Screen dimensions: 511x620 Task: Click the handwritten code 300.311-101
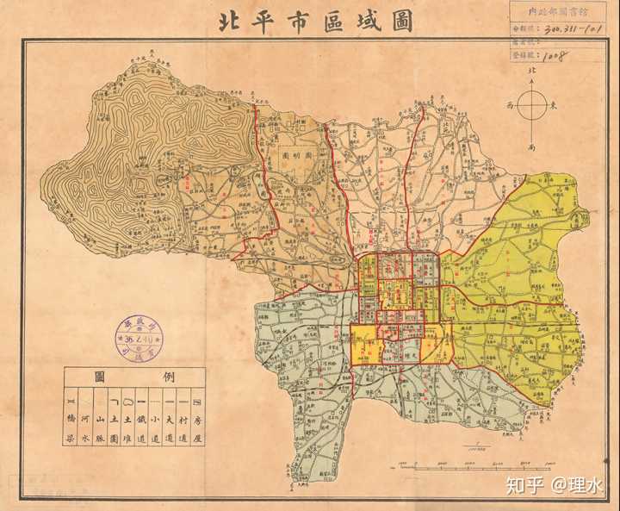[567, 28]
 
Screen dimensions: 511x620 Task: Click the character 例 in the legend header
[163, 377]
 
